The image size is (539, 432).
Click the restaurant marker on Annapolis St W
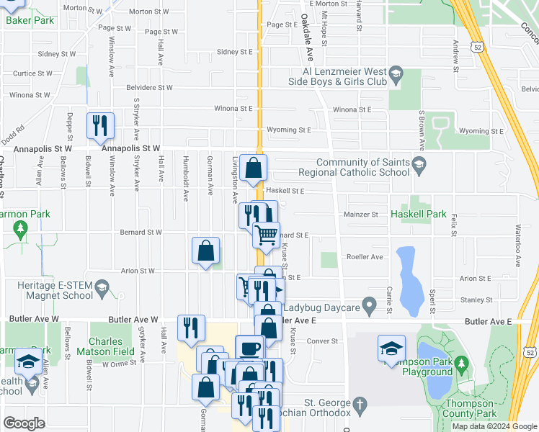click(x=99, y=126)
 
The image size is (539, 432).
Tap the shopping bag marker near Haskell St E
click(x=254, y=168)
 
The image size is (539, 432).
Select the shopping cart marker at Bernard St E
click(x=267, y=235)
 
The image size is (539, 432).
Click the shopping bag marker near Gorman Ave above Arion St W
click(x=205, y=251)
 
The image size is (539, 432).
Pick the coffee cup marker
click(x=250, y=348)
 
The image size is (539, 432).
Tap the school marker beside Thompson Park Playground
click(x=391, y=350)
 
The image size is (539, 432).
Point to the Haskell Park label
click(x=416, y=215)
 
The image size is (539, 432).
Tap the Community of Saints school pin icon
click(x=419, y=168)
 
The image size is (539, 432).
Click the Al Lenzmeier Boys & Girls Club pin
click(x=396, y=73)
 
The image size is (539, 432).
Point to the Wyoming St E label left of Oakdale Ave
click(x=288, y=131)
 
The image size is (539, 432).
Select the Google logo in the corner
click(x=23, y=423)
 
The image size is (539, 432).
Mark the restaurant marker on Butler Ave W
click(x=189, y=328)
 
